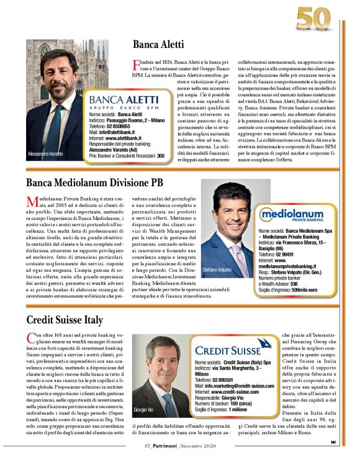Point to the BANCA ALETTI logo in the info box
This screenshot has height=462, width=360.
(x=124, y=101)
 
